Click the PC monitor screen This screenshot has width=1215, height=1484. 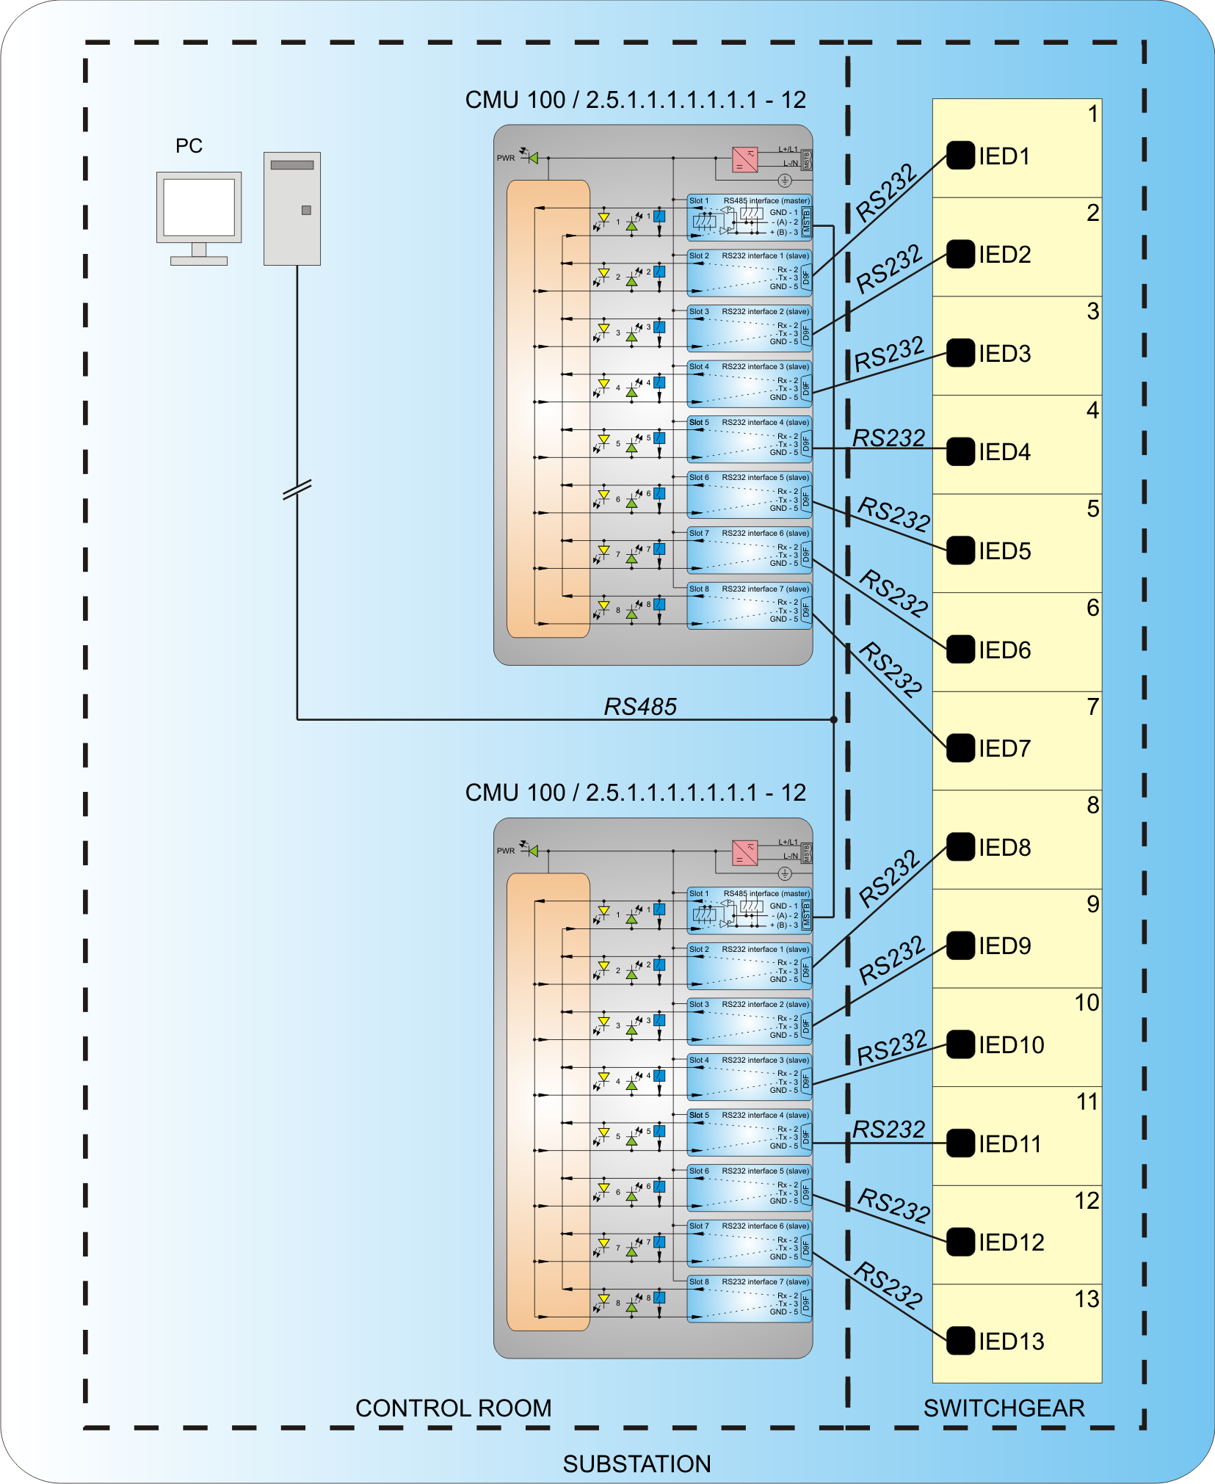tap(199, 207)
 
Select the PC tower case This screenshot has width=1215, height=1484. tap(292, 208)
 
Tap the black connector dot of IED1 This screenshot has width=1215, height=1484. tap(960, 155)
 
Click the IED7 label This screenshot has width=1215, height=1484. tap(1004, 749)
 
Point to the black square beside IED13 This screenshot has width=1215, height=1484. tap(960, 1341)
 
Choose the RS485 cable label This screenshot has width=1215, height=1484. tap(640, 707)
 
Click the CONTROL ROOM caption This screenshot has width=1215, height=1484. tap(453, 1408)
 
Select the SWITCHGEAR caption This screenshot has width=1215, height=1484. tap(1004, 1408)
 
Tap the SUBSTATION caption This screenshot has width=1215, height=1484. tap(636, 1463)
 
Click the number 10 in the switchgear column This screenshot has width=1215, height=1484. tap(1087, 1003)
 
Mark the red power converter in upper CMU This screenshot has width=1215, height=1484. tap(744, 159)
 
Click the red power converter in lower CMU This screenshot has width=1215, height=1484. tap(744, 853)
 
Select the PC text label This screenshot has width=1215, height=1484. tap(189, 146)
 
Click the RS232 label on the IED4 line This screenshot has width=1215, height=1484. tap(888, 437)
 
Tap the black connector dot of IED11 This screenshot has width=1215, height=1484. tap(960, 1143)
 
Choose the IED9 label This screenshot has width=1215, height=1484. tap(1004, 946)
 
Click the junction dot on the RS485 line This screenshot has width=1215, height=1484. tap(834, 719)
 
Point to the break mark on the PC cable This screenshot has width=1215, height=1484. tap(297, 489)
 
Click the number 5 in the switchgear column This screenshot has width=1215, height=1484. tap(1092, 509)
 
